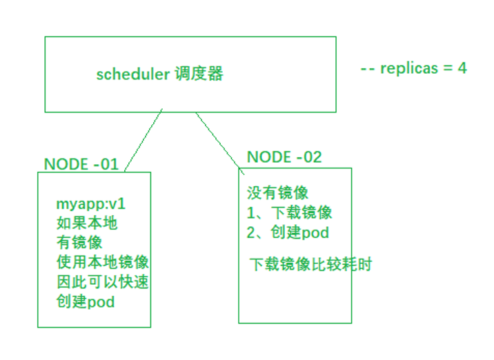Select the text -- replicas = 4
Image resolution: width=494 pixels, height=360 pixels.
pyautogui.click(x=413, y=69)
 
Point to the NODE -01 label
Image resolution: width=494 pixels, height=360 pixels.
pyautogui.click(x=81, y=164)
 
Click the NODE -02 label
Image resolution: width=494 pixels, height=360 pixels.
pyautogui.click(x=284, y=157)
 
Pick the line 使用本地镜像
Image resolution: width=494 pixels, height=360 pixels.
pyautogui.click(x=102, y=262)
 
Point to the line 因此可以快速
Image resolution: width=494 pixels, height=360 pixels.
pyautogui.click(x=102, y=282)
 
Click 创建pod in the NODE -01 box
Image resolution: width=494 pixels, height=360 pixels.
pyautogui.click(x=86, y=301)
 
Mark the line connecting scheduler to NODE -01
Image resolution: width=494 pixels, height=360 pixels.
pyautogui.click(x=144, y=140)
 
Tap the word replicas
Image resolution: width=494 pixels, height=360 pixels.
pyautogui.click(x=413, y=69)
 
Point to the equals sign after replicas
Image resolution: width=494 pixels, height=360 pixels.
pyautogui.click(x=448, y=69)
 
